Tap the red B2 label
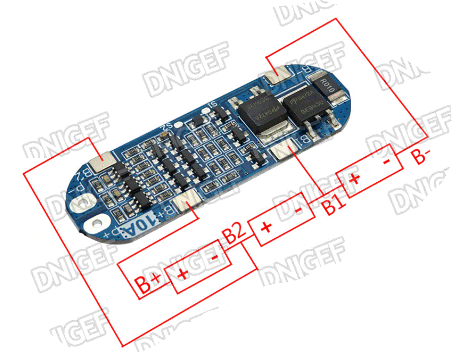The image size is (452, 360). tap(235, 234)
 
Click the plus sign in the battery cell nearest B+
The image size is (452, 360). tap(183, 275)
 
